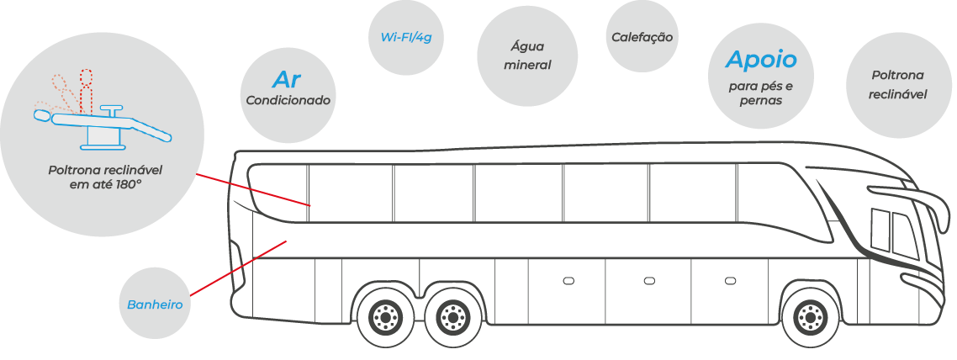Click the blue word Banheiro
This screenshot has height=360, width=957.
(x=155, y=304)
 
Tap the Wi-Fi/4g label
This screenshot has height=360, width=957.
(x=406, y=37)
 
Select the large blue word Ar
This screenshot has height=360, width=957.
(x=287, y=79)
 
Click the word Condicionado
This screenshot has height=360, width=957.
(x=288, y=100)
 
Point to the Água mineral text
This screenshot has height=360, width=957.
(x=527, y=56)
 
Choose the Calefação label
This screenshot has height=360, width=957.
(x=642, y=37)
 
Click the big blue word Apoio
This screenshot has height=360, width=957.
(x=761, y=60)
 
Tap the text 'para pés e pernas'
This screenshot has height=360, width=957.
(x=760, y=93)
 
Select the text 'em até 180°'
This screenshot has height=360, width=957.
(x=106, y=182)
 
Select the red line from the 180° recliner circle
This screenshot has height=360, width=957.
(x=253, y=190)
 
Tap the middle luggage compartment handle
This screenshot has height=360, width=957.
(x=649, y=281)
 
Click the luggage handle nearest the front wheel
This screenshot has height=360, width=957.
(x=730, y=281)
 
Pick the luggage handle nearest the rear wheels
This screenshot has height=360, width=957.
(x=568, y=281)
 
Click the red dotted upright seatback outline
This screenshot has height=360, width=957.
(x=86, y=92)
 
